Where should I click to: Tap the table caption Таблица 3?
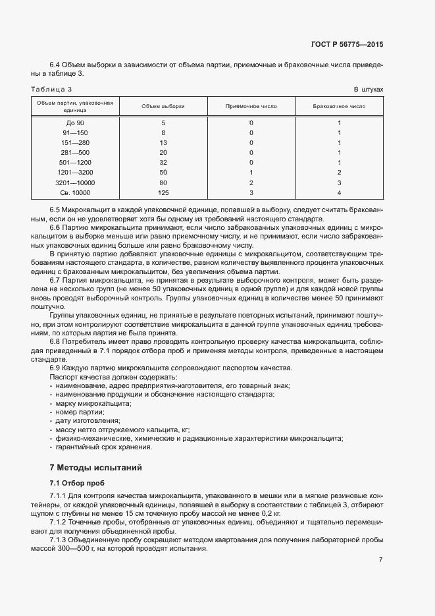pyautogui.click(x=51, y=89)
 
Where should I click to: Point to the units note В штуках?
pyautogui.click(x=368, y=89)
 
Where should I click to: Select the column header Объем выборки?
pyautogui.click(x=163, y=105)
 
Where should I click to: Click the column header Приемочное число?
pyautogui.click(x=251, y=105)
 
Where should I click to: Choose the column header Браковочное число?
pyautogui.click(x=339, y=105)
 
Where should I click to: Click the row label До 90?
pyautogui.click(x=75, y=123)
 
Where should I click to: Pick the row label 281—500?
pyautogui.click(x=75, y=152)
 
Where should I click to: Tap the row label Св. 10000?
pyautogui.click(x=75, y=192)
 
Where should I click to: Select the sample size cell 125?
pyautogui.click(x=163, y=192)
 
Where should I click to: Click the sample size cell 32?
pyautogui.click(x=163, y=162)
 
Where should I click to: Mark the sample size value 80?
pyautogui.click(x=163, y=182)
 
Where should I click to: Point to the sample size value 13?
pyautogui.click(x=163, y=142)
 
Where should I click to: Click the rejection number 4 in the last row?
pyautogui.click(x=339, y=192)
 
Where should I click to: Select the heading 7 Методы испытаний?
pyautogui.click(x=96, y=468)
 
